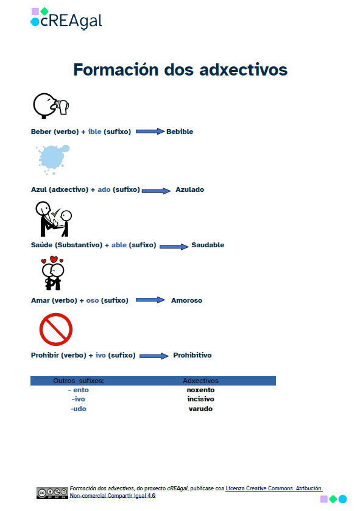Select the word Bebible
tap(180, 132)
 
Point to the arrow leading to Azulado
tap(157, 190)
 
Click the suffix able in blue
tap(119, 245)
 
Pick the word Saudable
tap(208, 245)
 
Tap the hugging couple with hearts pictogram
tap(53, 273)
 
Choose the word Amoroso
tap(186, 300)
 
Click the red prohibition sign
tap(56, 329)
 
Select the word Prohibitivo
tap(192, 355)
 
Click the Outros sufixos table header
tap(79, 381)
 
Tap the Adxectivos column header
tap(200, 381)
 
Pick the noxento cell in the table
tap(200, 390)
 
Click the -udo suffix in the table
tap(79, 409)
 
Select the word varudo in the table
tap(200, 409)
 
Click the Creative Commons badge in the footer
tap(52, 493)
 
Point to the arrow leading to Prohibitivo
tap(154, 356)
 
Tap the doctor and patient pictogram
tap(53, 219)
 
